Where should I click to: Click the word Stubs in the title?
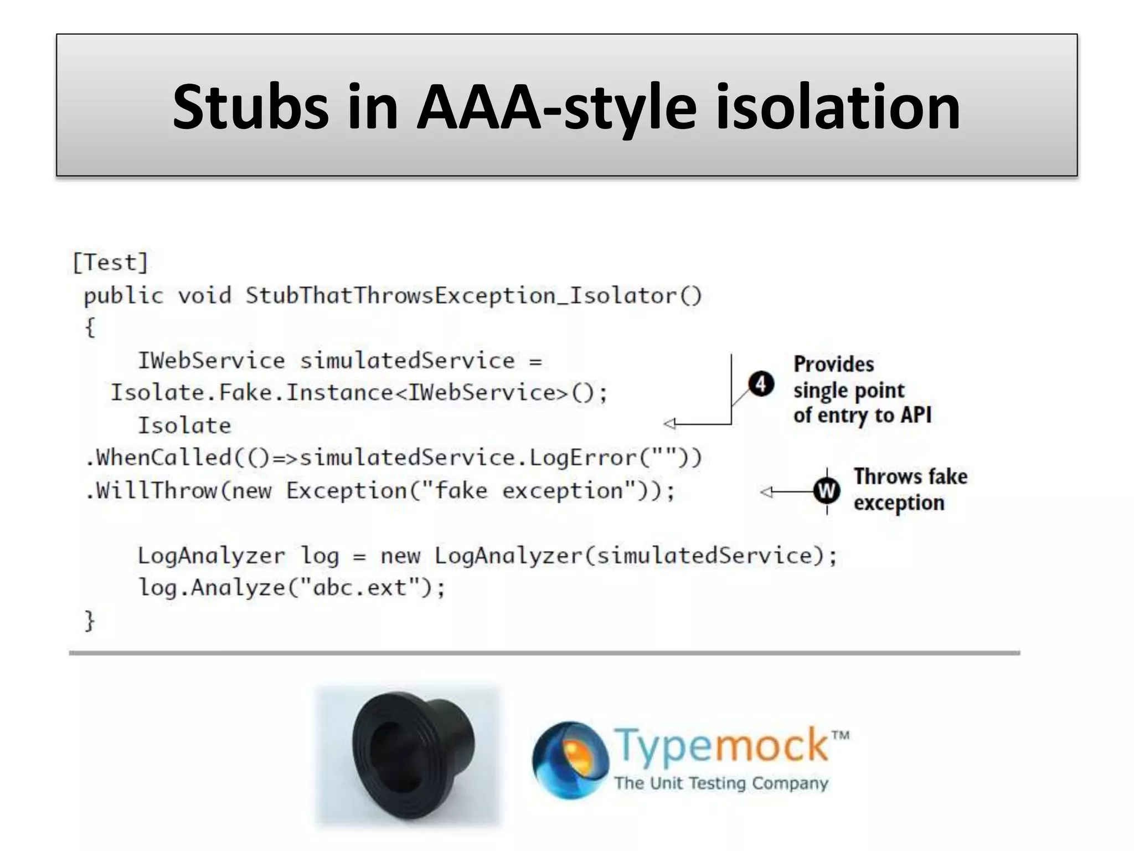250,107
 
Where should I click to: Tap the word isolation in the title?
837,107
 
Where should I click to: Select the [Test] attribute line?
111,263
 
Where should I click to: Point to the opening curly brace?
90,327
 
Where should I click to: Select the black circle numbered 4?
761,384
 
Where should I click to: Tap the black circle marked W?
827,491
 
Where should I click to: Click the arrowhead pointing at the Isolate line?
670,424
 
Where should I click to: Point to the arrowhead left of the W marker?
766,491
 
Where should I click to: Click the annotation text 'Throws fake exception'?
910,490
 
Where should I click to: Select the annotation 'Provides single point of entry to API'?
862,390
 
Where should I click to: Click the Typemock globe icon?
569,760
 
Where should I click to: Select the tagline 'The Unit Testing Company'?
721,783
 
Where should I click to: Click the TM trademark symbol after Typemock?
840,736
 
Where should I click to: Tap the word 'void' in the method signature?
204,296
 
